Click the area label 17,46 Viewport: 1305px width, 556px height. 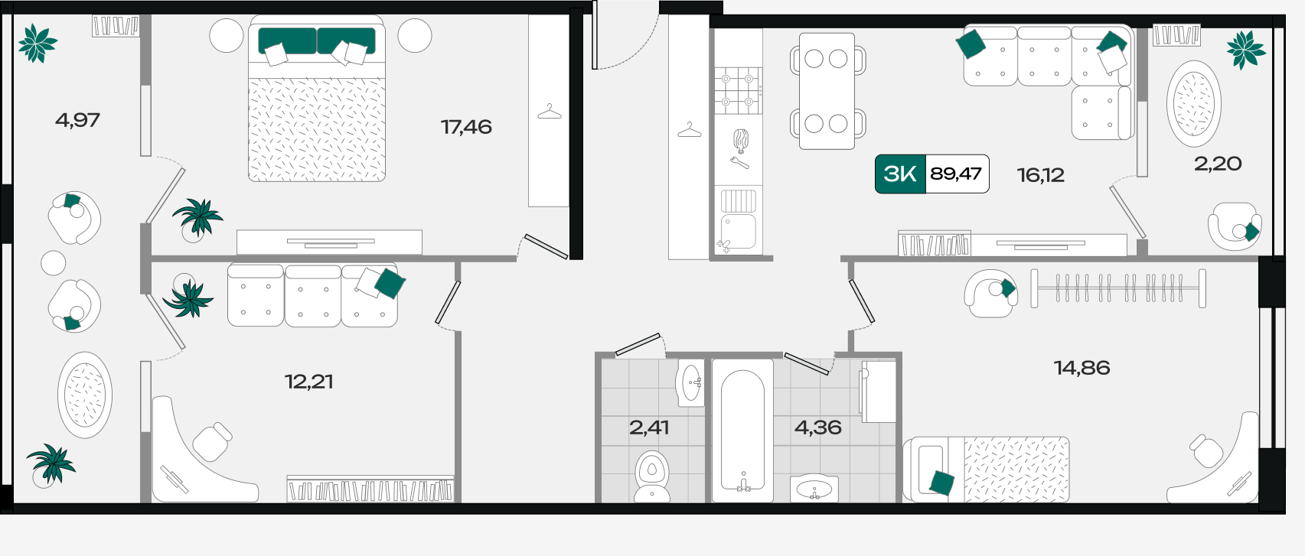coord(466,127)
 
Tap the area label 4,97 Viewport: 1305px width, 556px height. coord(77,120)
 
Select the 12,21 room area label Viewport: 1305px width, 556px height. coord(308,382)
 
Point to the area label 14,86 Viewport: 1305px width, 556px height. coord(1082,368)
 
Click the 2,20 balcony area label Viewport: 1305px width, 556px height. coord(1218,164)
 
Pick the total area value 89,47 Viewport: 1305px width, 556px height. coord(956,174)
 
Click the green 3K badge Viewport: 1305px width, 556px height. coord(900,174)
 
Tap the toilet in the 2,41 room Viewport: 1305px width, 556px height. coord(652,476)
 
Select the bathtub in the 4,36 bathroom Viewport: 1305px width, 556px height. coord(742,431)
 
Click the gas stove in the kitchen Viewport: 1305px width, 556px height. coord(738,90)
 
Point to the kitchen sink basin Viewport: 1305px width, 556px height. coord(738,231)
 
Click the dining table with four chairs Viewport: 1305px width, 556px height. coord(827,91)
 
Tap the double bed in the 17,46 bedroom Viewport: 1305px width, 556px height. coord(317,99)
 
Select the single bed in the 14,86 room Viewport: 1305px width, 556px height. coord(987,470)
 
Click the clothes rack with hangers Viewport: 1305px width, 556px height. coord(1118,288)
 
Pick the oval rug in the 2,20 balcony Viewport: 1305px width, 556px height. coord(1194,104)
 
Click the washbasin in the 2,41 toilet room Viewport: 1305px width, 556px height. coord(691,382)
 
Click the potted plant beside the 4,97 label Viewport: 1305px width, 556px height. coord(38,43)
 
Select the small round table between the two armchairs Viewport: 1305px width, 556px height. coord(54,263)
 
